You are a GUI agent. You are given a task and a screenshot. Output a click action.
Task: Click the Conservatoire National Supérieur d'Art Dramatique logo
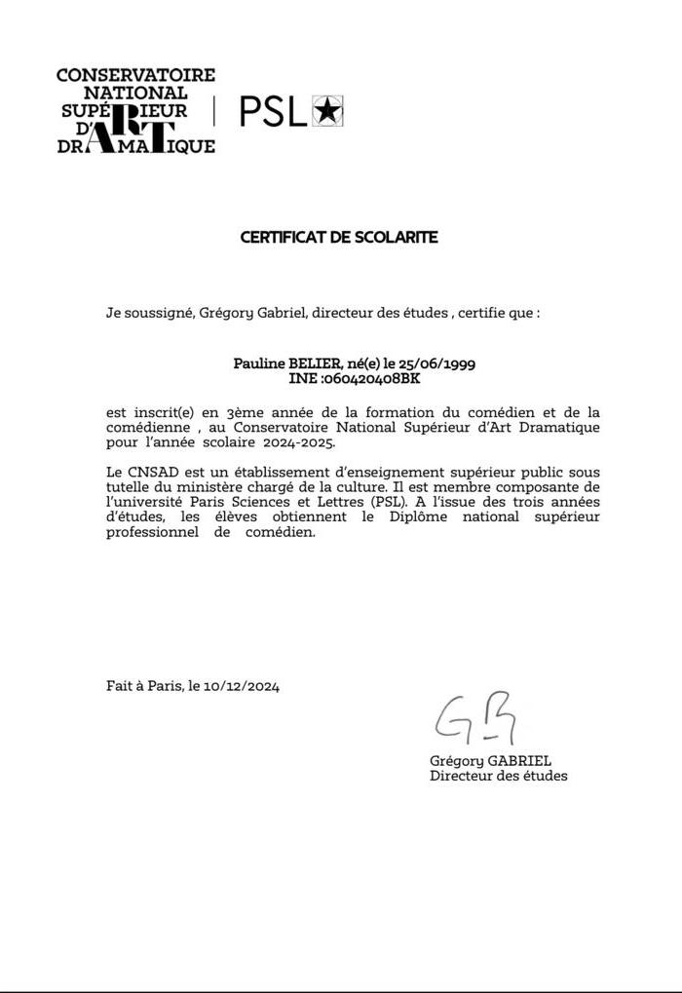135,110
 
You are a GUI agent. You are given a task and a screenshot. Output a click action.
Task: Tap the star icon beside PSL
328,112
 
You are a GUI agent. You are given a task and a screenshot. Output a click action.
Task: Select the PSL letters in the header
273,112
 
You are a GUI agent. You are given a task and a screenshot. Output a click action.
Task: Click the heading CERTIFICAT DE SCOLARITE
339,237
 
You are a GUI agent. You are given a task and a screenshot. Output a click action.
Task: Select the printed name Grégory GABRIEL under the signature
490,760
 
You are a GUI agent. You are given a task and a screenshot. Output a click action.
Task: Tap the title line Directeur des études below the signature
498,776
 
